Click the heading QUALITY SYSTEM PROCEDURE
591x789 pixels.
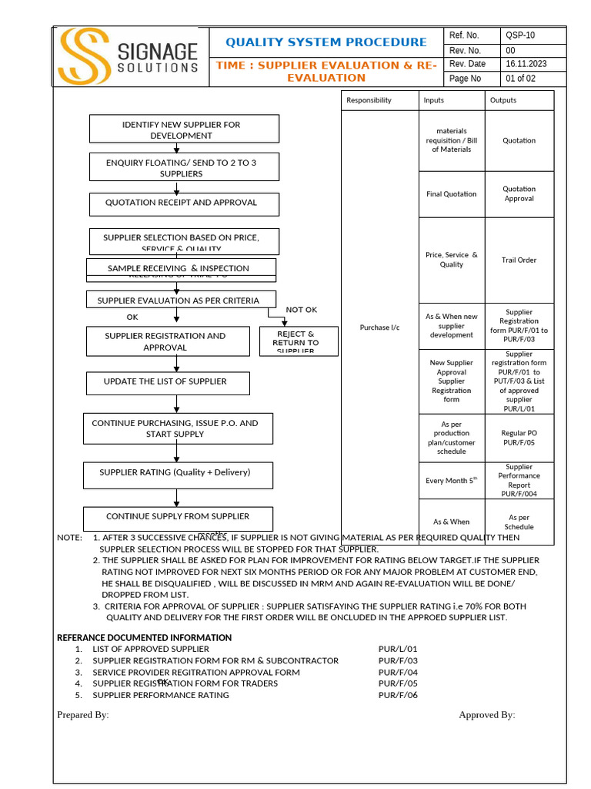[326, 42]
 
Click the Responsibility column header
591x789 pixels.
[369, 100]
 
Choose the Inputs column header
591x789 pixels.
[433, 100]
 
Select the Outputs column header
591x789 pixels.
[503, 100]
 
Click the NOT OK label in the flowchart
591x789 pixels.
[301, 310]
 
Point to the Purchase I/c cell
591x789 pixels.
[379, 327]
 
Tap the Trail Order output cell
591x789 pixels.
[519, 260]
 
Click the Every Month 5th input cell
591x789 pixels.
[451, 481]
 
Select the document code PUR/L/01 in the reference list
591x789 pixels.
[397, 650]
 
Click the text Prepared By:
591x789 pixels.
[83, 715]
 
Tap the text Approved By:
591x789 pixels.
[486, 715]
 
